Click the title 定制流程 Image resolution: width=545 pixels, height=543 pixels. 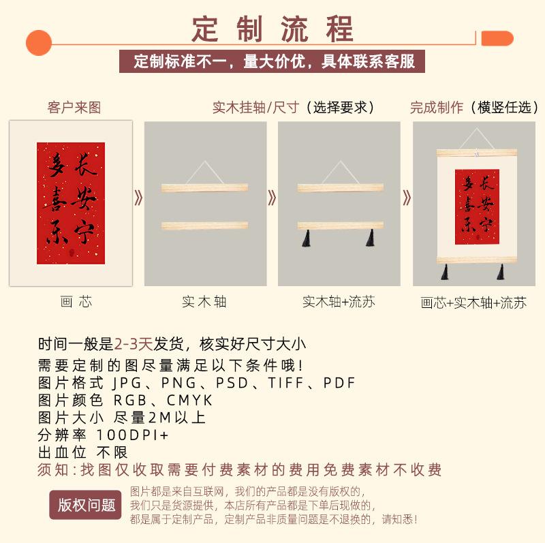pyautogui.click(x=272, y=29)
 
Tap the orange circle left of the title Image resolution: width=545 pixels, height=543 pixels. pyautogui.click(x=39, y=43)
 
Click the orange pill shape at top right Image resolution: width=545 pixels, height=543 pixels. pyautogui.click(x=497, y=38)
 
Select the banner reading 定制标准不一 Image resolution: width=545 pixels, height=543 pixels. pyautogui.click(x=272, y=61)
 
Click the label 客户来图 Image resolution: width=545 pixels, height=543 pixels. pyautogui.click(x=74, y=108)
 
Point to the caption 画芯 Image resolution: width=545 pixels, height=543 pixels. pyautogui.click(x=76, y=301)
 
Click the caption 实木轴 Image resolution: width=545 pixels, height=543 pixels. pyautogui.click(x=204, y=301)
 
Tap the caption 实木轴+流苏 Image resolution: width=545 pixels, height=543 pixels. pyautogui.click(x=339, y=301)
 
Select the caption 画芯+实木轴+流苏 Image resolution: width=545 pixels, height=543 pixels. pyautogui.click(x=473, y=302)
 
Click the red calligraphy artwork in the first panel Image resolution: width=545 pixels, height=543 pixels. pyautogui.click(x=71, y=203)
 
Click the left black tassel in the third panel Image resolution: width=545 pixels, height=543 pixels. pyautogui.click(x=306, y=238)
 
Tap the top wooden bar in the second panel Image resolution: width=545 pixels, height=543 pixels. pyautogui.click(x=205, y=188)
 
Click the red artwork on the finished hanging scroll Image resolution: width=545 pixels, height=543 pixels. pyautogui.click(x=478, y=207)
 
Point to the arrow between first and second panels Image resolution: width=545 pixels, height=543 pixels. pyautogui.click(x=139, y=198)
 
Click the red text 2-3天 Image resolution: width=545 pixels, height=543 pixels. pyautogui.click(x=134, y=344)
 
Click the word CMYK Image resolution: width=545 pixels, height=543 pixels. pyautogui.click(x=189, y=400)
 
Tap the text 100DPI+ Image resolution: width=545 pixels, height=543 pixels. pyautogui.click(x=132, y=435)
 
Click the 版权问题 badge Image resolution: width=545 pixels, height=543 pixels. pyautogui.click(x=86, y=505)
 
